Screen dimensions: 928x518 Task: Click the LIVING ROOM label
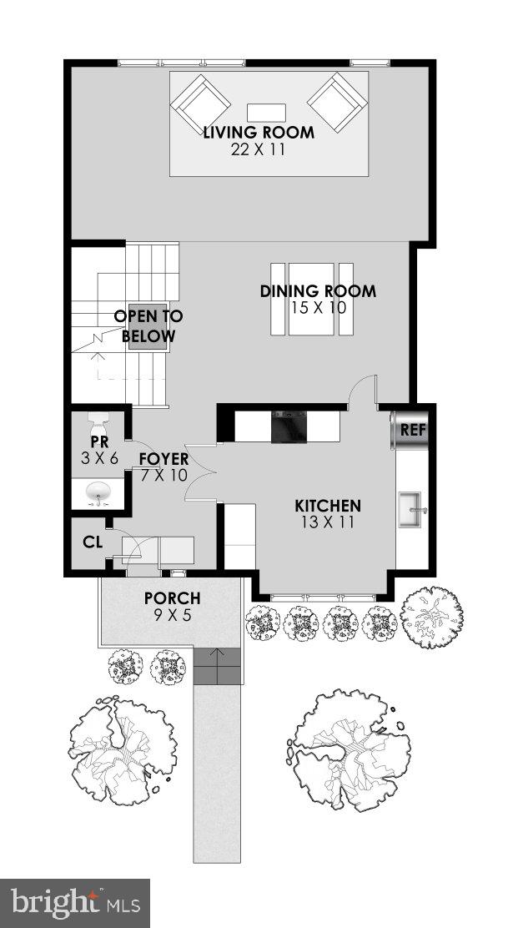[x=259, y=133]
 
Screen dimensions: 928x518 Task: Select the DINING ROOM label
[x=317, y=291]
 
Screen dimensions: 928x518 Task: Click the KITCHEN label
[x=328, y=506]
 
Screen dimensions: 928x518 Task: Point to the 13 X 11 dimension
[x=328, y=522]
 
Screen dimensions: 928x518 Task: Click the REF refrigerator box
[x=413, y=431]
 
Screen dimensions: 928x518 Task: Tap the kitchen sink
[x=412, y=510]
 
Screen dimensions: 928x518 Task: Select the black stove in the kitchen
[x=289, y=426]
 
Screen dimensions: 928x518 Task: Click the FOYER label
[x=163, y=459]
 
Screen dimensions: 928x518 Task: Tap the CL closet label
[x=92, y=542]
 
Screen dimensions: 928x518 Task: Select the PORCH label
[x=172, y=598]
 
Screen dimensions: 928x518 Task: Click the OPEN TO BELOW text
[x=148, y=326]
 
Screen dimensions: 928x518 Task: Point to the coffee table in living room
[x=266, y=113]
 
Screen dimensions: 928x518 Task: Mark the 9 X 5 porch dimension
[x=172, y=616]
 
